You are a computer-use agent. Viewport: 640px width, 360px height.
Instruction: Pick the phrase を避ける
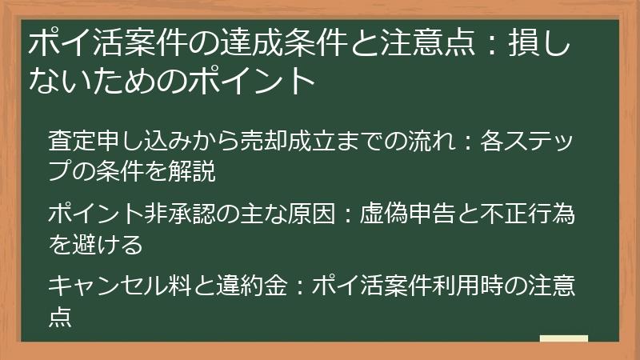click(x=96, y=243)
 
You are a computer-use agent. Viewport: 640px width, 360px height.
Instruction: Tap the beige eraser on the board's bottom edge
click(x=564, y=338)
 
